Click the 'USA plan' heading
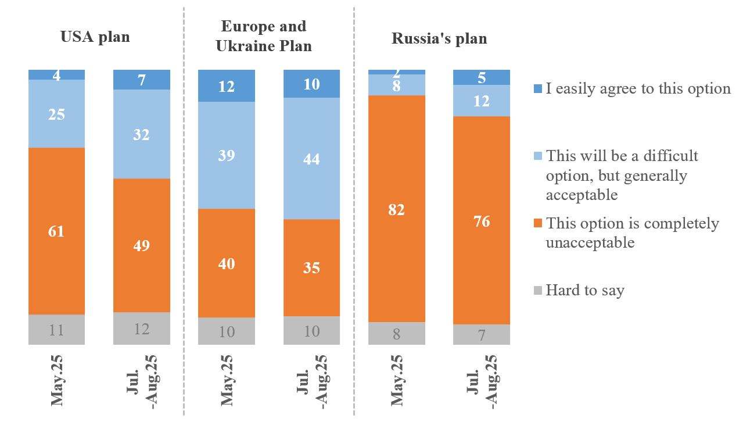tap(95, 38)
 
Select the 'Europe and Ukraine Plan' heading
tap(264, 36)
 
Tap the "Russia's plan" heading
tap(439, 39)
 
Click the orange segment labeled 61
tap(56, 231)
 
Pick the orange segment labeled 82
tap(397, 209)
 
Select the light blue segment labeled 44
tap(311, 158)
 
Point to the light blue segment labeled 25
tap(56, 114)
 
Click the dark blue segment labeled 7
tap(142, 80)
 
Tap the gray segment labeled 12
tap(142, 328)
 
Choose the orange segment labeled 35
tap(311, 267)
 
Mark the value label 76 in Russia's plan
tap(482, 222)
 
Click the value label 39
tap(227, 155)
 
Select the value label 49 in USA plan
tap(142, 245)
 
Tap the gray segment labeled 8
tap(397, 333)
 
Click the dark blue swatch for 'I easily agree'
tap(537, 89)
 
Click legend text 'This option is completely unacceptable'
tap(632, 233)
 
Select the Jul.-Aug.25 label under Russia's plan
tap(482, 381)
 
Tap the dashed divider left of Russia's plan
tap(354, 209)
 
